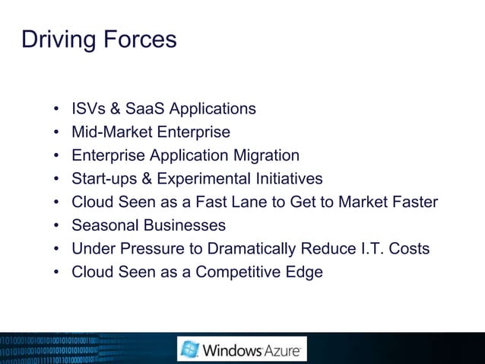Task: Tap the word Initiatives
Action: click(x=286, y=179)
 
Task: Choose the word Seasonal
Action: click(x=105, y=225)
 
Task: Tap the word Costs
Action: click(x=408, y=249)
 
